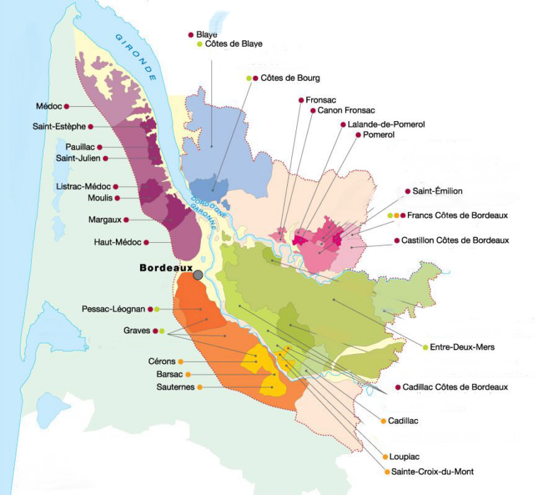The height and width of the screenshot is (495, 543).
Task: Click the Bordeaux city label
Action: (166, 268)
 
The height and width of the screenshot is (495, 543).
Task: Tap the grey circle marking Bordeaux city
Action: (198, 274)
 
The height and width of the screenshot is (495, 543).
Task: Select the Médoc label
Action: (49, 106)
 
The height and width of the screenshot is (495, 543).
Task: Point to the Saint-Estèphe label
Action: (59, 127)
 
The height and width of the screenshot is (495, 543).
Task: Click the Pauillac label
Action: (76, 147)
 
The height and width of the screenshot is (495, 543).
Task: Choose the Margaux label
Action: (105, 220)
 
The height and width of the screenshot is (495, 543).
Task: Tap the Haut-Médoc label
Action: (117, 242)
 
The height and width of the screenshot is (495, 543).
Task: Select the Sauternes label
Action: (175, 387)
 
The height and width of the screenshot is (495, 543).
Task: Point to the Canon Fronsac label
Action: (346, 110)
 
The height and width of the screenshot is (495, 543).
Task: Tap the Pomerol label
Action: (378, 135)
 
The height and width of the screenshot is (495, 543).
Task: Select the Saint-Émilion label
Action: (437, 191)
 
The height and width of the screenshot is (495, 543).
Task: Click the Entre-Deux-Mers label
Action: (462, 347)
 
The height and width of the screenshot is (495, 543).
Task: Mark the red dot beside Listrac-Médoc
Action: (115, 187)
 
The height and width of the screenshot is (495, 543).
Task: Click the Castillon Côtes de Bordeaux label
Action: (455, 241)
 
